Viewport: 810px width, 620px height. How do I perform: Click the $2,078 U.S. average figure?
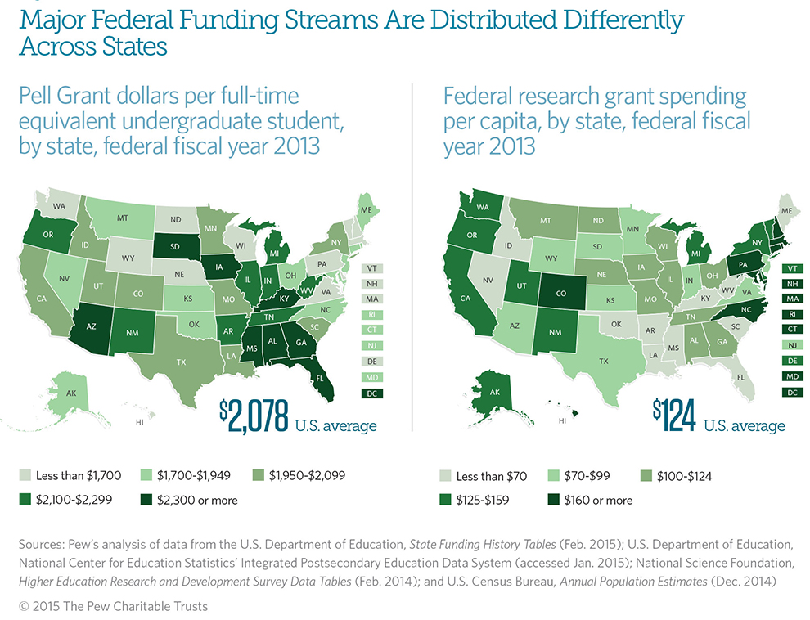[254, 416]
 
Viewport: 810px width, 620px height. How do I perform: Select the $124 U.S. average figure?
[674, 416]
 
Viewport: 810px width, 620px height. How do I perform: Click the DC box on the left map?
[372, 393]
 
